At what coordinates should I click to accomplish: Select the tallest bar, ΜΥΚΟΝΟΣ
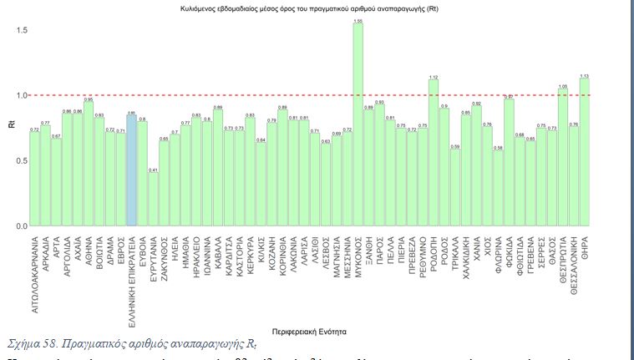coord(358,125)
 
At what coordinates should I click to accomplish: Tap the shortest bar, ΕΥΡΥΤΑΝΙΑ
coord(153,200)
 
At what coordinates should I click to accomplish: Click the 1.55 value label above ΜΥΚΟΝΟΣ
coord(358,20)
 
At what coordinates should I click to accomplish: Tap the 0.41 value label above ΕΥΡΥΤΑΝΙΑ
coord(153,170)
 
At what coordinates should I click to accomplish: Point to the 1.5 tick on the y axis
coord(22,30)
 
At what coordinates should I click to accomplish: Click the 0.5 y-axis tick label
coord(22,161)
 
